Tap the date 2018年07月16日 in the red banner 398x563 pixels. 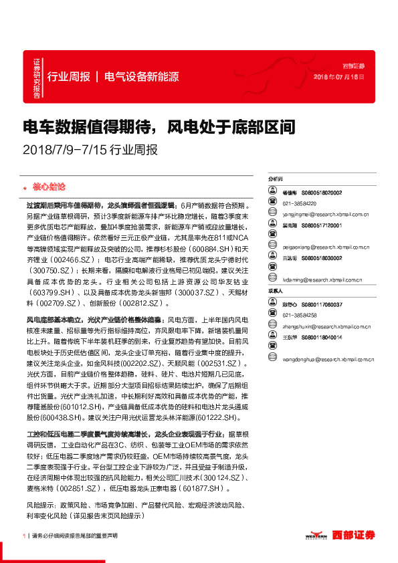(339, 78)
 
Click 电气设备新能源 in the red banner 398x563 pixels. (142, 76)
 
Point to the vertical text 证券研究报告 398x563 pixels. (37, 79)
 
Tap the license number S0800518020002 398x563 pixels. (321, 193)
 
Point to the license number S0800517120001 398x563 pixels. (321, 226)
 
